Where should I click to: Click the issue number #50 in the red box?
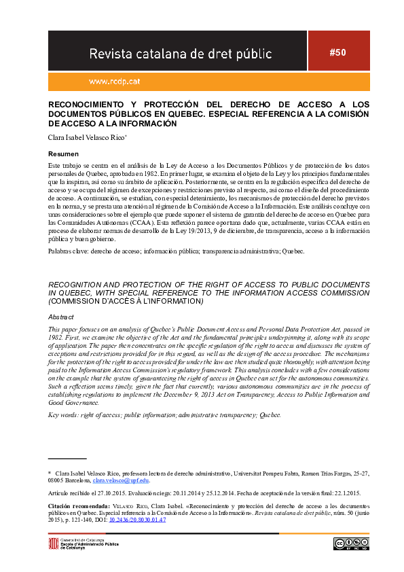[337, 52]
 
